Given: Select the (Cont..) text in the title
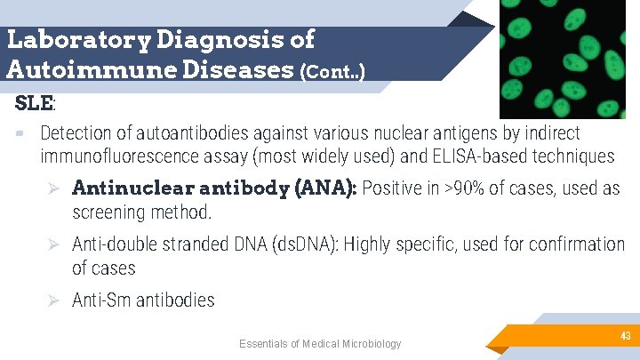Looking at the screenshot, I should click(332, 70).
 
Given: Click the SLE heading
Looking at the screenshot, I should click(35, 102).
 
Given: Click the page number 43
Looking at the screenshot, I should click(626, 335).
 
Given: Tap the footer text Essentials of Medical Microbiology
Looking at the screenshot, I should click(320, 344).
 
